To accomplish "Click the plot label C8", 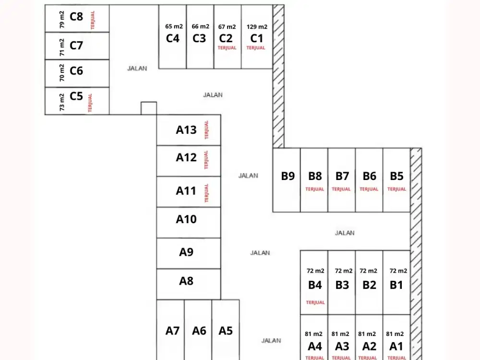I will click(x=76, y=17).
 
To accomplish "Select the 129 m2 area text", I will click(x=257, y=27).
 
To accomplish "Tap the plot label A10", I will click(x=186, y=219).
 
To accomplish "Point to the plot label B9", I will click(x=288, y=176).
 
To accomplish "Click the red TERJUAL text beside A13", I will click(x=207, y=130).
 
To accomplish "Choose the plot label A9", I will click(x=186, y=252).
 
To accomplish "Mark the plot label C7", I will click(x=76, y=46).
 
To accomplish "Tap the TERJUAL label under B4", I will click(x=315, y=302).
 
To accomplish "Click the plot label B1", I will click(x=396, y=285).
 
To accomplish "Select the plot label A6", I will click(x=199, y=331).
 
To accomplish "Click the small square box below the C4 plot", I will click(x=149, y=108).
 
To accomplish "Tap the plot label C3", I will click(x=199, y=38).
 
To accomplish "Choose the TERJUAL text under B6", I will click(x=369, y=189).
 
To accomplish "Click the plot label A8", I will click(x=186, y=281).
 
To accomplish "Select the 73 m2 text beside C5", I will click(x=62, y=102).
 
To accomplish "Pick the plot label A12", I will click(x=186, y=157).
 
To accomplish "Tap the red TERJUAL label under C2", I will click(x=227, y=48).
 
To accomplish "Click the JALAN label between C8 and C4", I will click(x=137, y=68).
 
